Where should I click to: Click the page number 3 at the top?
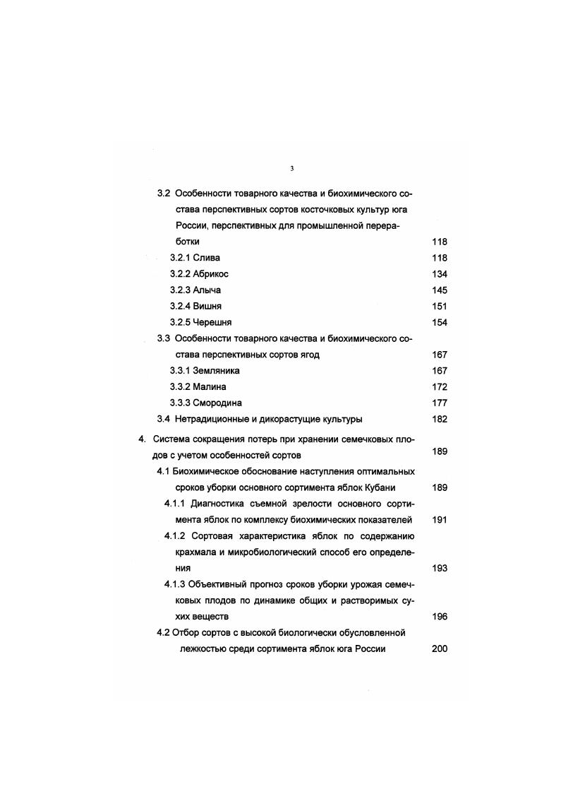click(x=292, y=168)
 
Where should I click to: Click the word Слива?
click(x=206, y=258)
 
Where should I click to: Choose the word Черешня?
click(x=212, y=323)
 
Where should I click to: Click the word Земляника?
click(x=216, y=371)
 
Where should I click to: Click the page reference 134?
click(x=439, y=274)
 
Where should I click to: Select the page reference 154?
click(x=439, y=323)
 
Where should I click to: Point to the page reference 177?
click(x=439, y=403)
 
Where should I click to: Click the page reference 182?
click(x=439, y=420)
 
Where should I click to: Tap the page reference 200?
click(x=439, y=649)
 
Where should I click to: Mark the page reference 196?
click(x=439, y=617)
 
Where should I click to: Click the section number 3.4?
click(x=163, y=420)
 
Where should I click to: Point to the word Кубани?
click(x=379, y=488)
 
